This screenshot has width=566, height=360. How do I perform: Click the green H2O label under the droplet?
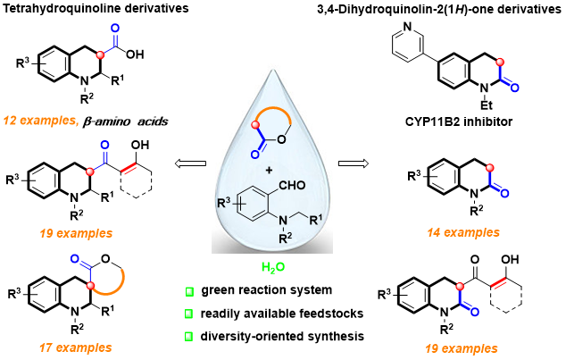coord(273,268)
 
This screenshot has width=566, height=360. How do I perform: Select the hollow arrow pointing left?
coord(190,163)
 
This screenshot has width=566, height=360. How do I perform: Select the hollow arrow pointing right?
coord(354,163)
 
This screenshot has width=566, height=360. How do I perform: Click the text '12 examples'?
coord(39,121)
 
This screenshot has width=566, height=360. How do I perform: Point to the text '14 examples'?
coord(463,232)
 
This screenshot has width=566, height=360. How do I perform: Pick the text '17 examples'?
coord(76,347)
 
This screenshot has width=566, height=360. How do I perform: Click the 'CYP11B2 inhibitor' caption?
coord(459,121)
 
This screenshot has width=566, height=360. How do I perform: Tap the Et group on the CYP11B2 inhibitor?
coord(486,105)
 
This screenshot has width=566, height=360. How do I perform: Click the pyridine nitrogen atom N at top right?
coord(407,26)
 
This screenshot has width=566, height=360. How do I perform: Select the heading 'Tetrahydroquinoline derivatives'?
coord(96,8)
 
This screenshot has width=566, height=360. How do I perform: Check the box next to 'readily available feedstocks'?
coord(188,314)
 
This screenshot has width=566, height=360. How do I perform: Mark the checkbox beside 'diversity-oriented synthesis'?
coord(188,337)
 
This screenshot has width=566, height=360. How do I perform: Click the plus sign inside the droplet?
coord(268,170)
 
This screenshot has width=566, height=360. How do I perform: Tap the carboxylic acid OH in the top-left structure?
coord(135,54)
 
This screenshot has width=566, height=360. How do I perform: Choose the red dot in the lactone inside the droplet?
coord(256,126)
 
